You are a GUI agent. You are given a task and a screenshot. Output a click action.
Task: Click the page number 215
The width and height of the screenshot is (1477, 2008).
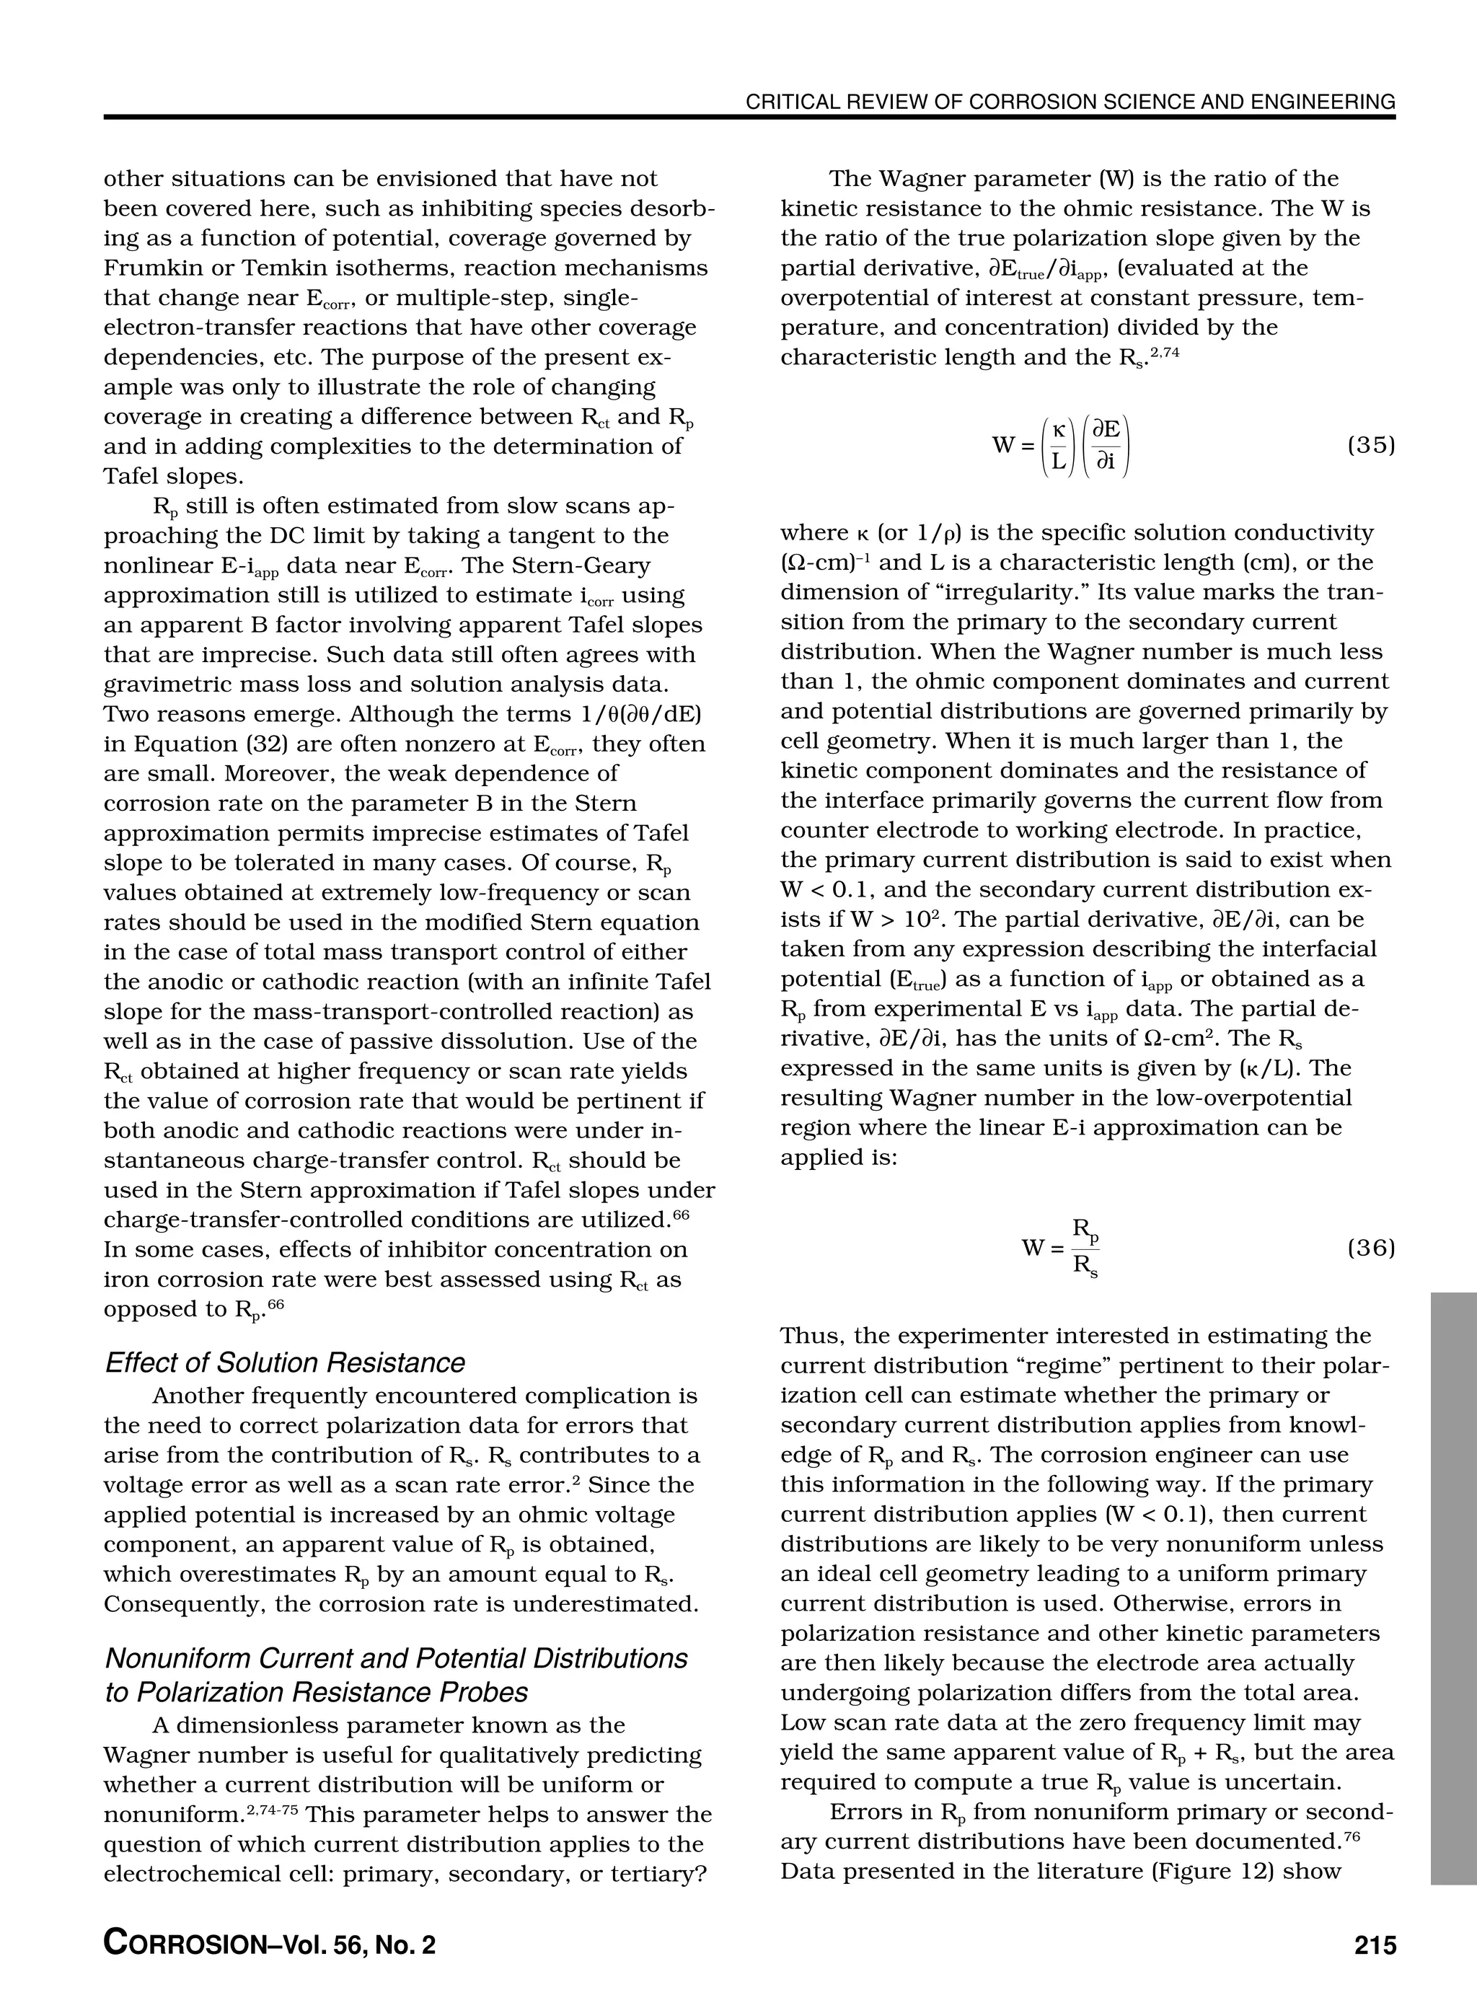[1374, 1945]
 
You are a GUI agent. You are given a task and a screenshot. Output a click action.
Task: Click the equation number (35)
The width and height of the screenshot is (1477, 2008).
[1370, 444]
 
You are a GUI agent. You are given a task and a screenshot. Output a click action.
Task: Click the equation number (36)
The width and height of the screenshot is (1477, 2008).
[1370, 1247]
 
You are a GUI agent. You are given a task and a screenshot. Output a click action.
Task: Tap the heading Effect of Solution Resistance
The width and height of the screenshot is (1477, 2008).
[285, 1362]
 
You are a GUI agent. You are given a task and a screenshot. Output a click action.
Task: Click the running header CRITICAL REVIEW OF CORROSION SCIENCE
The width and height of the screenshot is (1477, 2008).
[1070, 102]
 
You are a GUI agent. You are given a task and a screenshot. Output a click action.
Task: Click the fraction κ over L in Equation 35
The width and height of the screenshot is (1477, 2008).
[1059, 445]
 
